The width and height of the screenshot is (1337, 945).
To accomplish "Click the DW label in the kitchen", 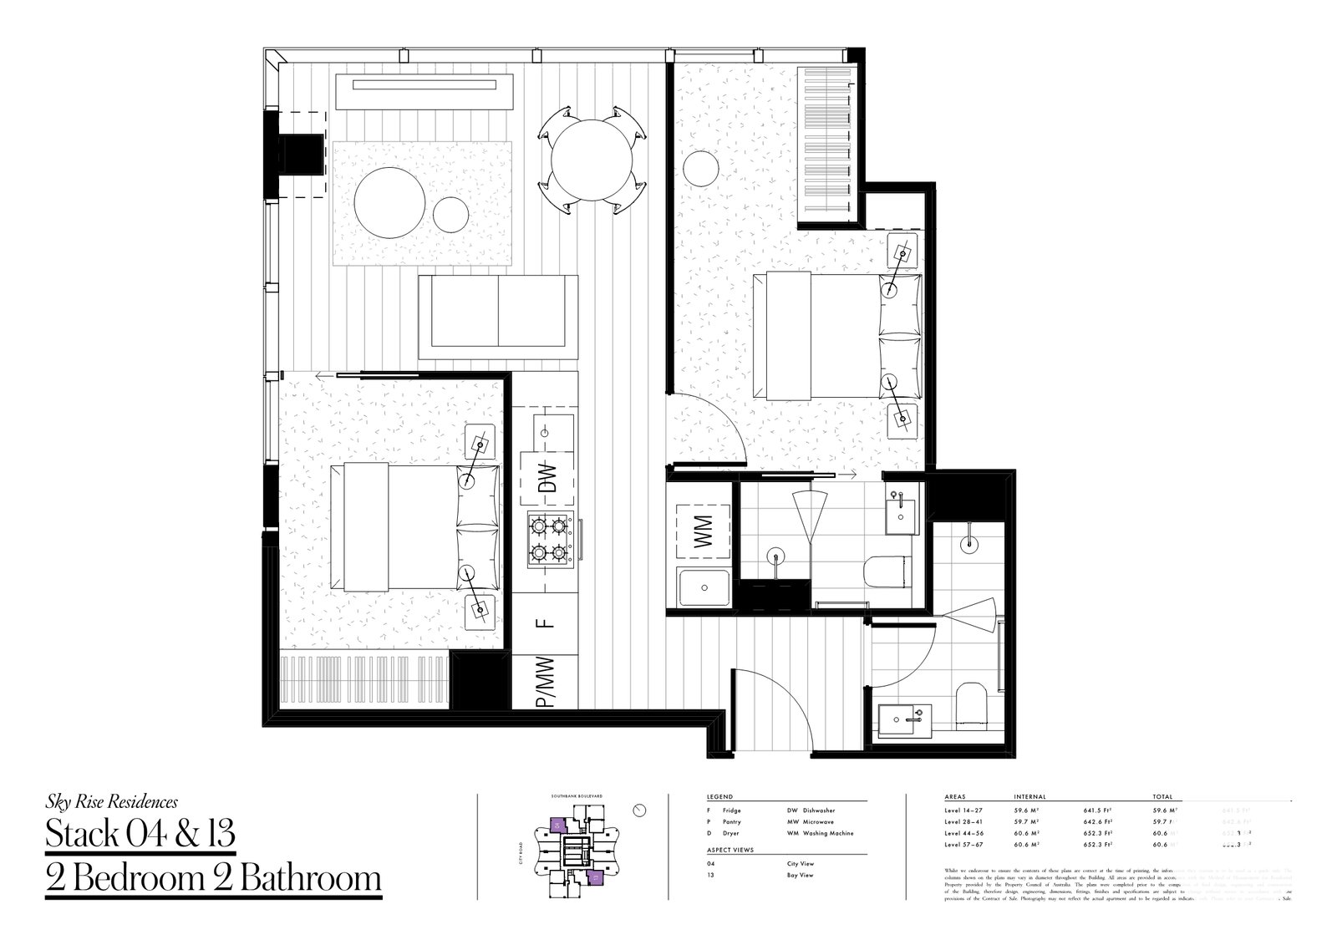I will coord(547,477).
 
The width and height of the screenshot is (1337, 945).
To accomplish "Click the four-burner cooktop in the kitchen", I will coord(550,540).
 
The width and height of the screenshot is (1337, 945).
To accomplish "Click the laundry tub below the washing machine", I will coord(704,588).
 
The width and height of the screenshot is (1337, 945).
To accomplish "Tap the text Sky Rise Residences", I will coord(111,802).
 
